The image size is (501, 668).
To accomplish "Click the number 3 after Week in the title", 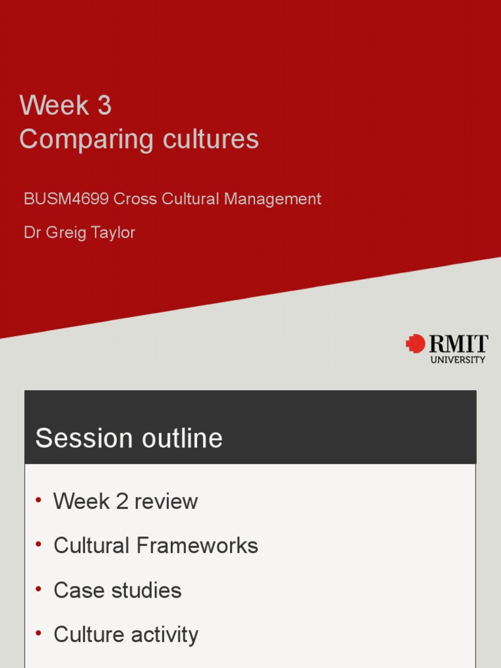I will pyautogui.click(x=104, y=106).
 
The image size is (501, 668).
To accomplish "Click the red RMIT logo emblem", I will pyautogui.click(x=415, y=344).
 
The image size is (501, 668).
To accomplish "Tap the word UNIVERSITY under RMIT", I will pyautogui.click(x=458, y=359).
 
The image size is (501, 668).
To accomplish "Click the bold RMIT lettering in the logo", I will pyautogui.click(x=458, y=344).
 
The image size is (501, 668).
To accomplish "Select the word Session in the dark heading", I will pyautogui.click(x=75, y=438).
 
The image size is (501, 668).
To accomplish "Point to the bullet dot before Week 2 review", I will pyautogui.click(x=39, y=500).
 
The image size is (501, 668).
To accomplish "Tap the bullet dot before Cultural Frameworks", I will pyautogui.click(x=39, y=544).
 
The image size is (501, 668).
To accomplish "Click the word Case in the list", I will pyautogui.click(x=76, y=590).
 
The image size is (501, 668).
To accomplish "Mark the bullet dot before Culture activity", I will pyautogui.click(x=39, y=633).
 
